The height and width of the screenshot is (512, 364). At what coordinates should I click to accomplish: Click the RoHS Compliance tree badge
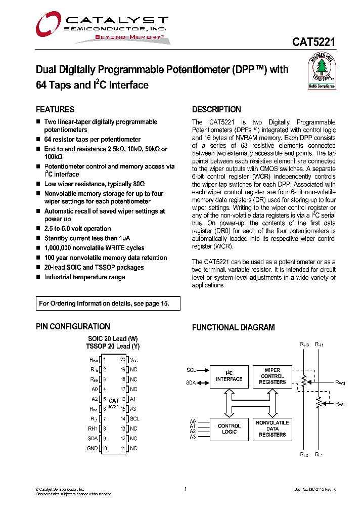[x=322, y=71]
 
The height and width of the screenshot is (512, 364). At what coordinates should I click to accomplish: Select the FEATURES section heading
[x=55, y=109]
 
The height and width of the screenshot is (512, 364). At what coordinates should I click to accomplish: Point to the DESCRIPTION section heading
[x=216, y=109]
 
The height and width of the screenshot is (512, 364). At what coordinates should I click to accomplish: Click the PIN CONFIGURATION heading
[x=73, y=327]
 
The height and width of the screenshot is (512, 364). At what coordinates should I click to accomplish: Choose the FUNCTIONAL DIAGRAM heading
[x=233, y=327]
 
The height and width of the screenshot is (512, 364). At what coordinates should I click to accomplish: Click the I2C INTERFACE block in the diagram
[x=229, y=376]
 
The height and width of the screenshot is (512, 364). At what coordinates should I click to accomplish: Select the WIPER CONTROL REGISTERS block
[x=272, y=376]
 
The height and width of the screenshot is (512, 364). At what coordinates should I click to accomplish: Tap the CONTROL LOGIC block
[x=229, y=429]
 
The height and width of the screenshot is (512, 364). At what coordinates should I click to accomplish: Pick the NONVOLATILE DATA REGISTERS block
[x=272, y=429]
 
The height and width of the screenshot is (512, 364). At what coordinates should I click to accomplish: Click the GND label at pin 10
[x=92, y=448]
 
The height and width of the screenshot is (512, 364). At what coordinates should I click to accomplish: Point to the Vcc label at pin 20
[x=134, y=360]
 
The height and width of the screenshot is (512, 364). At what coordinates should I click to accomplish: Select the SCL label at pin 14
[x=134, y=418]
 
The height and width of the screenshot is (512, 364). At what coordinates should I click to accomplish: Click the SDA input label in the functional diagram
[x=191, y=383]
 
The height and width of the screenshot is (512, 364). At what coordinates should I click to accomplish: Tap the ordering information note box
[x=108, y=304]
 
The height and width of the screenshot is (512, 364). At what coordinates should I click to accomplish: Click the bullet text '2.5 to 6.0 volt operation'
[x=77, y=229]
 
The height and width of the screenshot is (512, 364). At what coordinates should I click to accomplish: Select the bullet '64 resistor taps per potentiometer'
[x=92, y=139]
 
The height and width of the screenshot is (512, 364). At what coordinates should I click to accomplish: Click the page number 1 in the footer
[x=186, y=489]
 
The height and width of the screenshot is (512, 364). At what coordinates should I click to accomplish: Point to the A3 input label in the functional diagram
[x=192, y=436]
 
